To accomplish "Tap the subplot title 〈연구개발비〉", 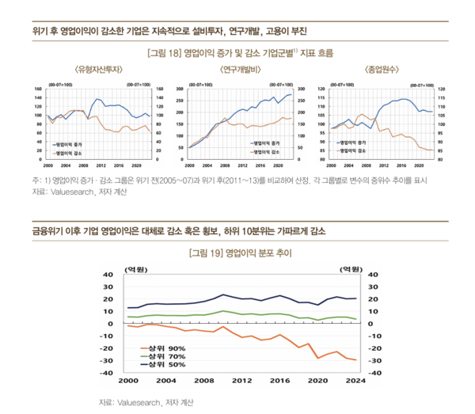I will (237, 70).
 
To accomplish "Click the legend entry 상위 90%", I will (165, 348).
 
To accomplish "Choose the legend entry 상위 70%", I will (165, 356).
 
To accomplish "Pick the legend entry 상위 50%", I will (165, 365).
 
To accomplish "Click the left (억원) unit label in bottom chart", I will (139, 269).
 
